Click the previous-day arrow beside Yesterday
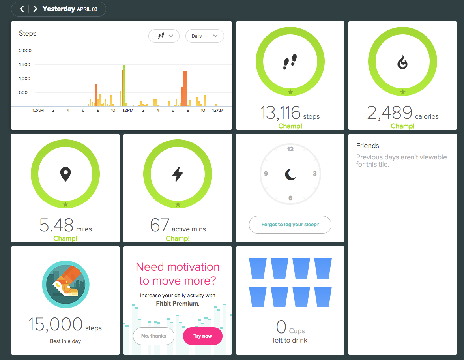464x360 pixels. point(22,9)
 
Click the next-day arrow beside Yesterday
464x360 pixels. point(35,9)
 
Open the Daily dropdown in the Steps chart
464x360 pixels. point(204,36)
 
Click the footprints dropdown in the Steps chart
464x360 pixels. point(164,36)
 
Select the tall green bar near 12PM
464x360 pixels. point(124,85)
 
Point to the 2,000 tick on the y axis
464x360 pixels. point(25,51)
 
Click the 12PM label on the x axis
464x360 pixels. point(128,110)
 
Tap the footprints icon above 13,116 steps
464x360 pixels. point(290,62)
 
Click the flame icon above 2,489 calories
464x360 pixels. point(402,62)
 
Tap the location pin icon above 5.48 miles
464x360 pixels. point(65,174)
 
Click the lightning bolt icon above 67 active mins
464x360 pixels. point(178,174)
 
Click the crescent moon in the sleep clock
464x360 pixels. point(290,174)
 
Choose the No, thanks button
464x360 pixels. point(153,336)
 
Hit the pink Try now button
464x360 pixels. point(203,336)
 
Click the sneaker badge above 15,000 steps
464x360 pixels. point(65,284)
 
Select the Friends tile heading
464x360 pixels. point(368,146)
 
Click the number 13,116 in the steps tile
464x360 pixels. point(280,113)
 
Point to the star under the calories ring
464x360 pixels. point(403,92)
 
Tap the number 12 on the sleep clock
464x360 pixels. point(290,149)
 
